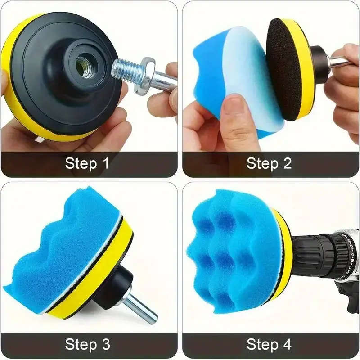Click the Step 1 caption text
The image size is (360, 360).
[x=87, y=163]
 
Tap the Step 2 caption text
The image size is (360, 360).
[x=269, y=163]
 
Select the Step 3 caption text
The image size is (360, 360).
[x=87, y=345]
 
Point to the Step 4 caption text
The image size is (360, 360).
[x=269, y=345]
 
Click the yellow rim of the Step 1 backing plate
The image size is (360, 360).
[x=22, y=108]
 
